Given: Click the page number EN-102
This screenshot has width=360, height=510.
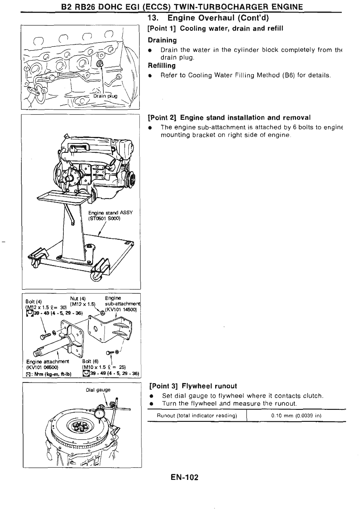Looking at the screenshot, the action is point(183,477).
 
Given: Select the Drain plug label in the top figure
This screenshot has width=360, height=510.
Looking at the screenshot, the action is point(105,96).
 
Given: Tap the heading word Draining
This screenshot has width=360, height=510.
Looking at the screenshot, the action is point(162,40).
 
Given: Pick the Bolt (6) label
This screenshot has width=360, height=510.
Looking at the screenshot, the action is point(90,361).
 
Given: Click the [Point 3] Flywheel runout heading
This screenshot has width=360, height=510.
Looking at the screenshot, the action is point(193,386).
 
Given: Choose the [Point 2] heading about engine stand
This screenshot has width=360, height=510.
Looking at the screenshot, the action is point(229,118).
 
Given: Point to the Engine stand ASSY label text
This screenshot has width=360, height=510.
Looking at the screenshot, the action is point(110,213).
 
